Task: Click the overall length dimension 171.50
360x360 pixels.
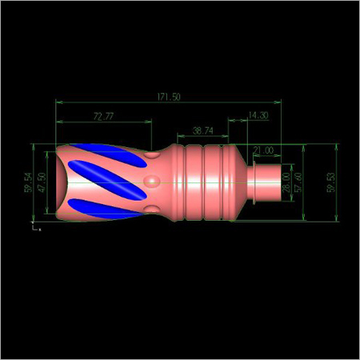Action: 170,97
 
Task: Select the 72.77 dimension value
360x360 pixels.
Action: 103,116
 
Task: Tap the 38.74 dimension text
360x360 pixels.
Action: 202,130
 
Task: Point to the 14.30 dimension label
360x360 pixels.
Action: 258,116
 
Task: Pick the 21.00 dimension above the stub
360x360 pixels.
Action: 262,150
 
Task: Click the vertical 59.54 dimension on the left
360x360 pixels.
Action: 28,182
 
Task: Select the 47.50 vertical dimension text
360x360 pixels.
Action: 42,182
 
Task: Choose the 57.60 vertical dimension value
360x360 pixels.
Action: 298,182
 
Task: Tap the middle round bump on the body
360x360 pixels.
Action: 151,183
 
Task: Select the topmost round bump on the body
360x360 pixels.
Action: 151,158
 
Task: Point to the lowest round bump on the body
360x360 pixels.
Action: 150,209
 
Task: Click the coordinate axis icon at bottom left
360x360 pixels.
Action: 34,228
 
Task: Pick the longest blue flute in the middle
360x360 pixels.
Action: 102,177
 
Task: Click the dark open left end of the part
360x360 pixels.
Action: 59,183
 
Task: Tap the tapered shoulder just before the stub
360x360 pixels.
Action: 243,183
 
